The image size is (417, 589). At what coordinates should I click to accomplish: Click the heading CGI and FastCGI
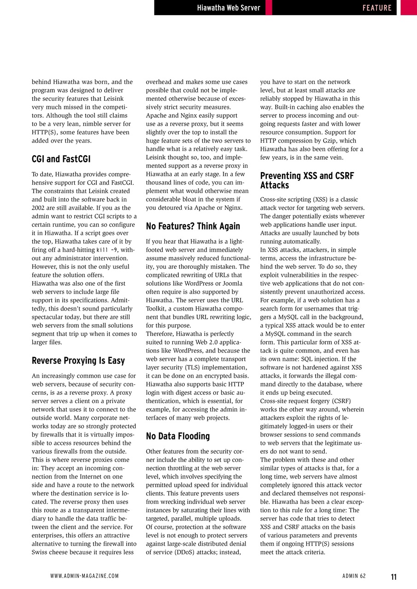coord(61,159)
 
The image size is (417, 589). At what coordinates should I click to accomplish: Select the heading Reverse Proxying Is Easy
coord(78,360)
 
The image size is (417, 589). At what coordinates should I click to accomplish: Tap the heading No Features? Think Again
coord(193,226)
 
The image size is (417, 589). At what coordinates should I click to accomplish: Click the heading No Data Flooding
coord(177,436)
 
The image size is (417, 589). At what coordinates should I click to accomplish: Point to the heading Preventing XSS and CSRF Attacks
coord(306,180)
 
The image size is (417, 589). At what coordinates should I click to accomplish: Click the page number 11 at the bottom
coord(394,577)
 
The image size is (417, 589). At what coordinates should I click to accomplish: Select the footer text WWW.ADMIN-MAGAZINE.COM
coord(84,576)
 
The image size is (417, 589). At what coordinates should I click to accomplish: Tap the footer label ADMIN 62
coord(354,576)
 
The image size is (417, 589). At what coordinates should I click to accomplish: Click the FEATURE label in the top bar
coord(376,8)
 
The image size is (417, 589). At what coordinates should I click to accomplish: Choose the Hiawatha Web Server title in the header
coord(228,8)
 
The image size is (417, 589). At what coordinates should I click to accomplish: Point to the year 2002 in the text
coord(40,208)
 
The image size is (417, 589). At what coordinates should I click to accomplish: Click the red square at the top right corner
coord(408,7)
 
